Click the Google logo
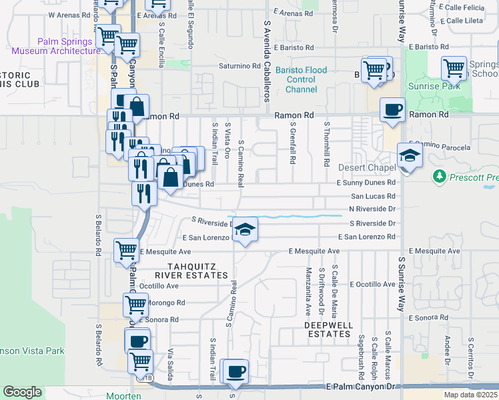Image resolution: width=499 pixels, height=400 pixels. pos(22,392)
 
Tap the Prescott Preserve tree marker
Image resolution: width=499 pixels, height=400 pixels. pos(439,176)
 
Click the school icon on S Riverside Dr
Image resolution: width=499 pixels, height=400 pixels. pos(245,231)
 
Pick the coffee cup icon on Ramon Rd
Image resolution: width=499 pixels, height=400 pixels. pos(392,109)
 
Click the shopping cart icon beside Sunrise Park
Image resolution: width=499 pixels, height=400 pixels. pos(454,67)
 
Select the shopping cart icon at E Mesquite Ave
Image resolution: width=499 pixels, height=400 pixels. pos(125,251)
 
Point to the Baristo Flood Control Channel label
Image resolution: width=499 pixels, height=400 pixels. pos(297,79)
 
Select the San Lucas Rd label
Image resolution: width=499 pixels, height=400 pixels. pos(373,196)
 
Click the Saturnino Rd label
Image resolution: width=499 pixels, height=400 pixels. pos(239,66)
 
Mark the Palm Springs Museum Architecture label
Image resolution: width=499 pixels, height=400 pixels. pos(67,46)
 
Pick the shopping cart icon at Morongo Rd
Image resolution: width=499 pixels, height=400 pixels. pos(135,305)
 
